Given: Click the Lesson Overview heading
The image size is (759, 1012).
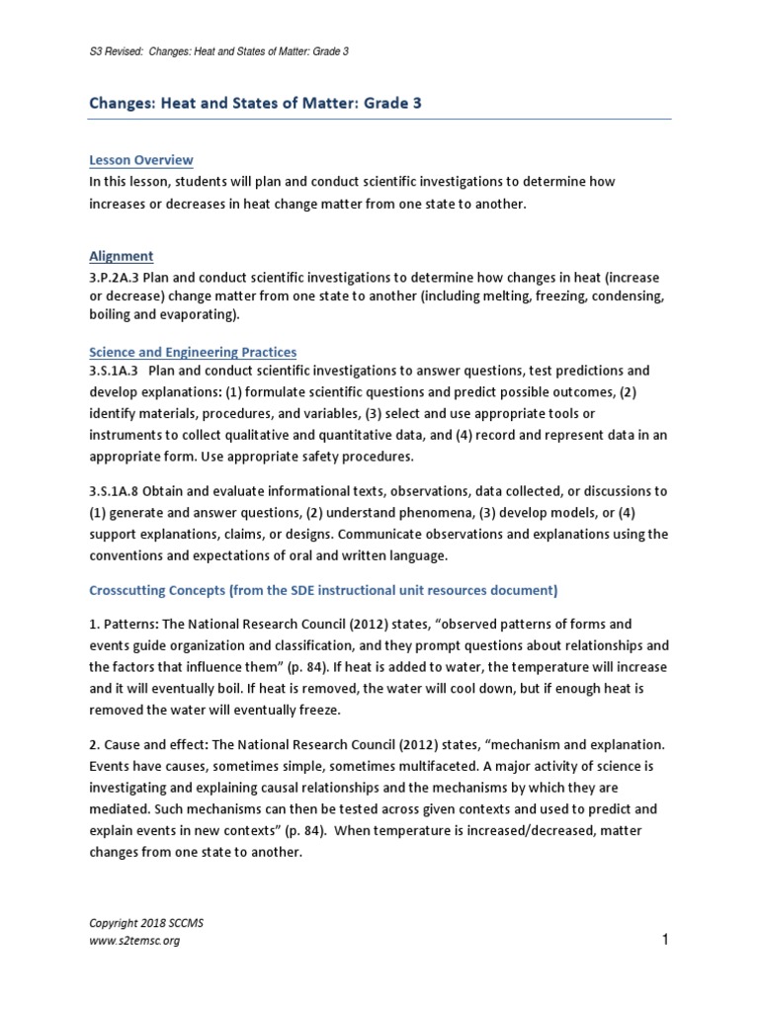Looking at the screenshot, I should point(140,160).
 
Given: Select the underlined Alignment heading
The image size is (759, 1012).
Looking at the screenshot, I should point(121,256).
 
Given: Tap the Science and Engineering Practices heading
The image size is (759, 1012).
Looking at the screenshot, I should point(192,352).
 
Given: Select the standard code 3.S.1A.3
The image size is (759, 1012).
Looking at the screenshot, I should point(117,371).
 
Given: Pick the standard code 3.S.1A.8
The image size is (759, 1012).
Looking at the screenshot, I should point(117,491).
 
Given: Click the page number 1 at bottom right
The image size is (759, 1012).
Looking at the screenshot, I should point(666,940).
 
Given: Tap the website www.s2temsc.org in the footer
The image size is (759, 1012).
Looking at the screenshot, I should point(134,941).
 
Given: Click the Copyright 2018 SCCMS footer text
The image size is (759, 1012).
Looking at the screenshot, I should point(138,922).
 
